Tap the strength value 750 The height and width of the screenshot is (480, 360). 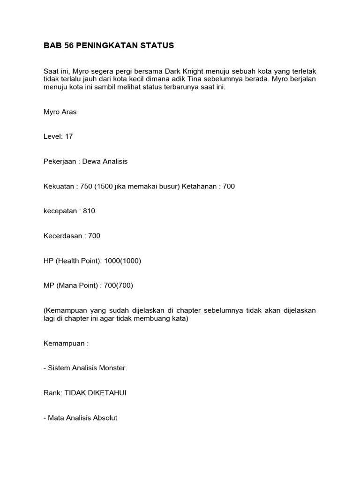[86, 186]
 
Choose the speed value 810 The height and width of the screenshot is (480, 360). [89, 211]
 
